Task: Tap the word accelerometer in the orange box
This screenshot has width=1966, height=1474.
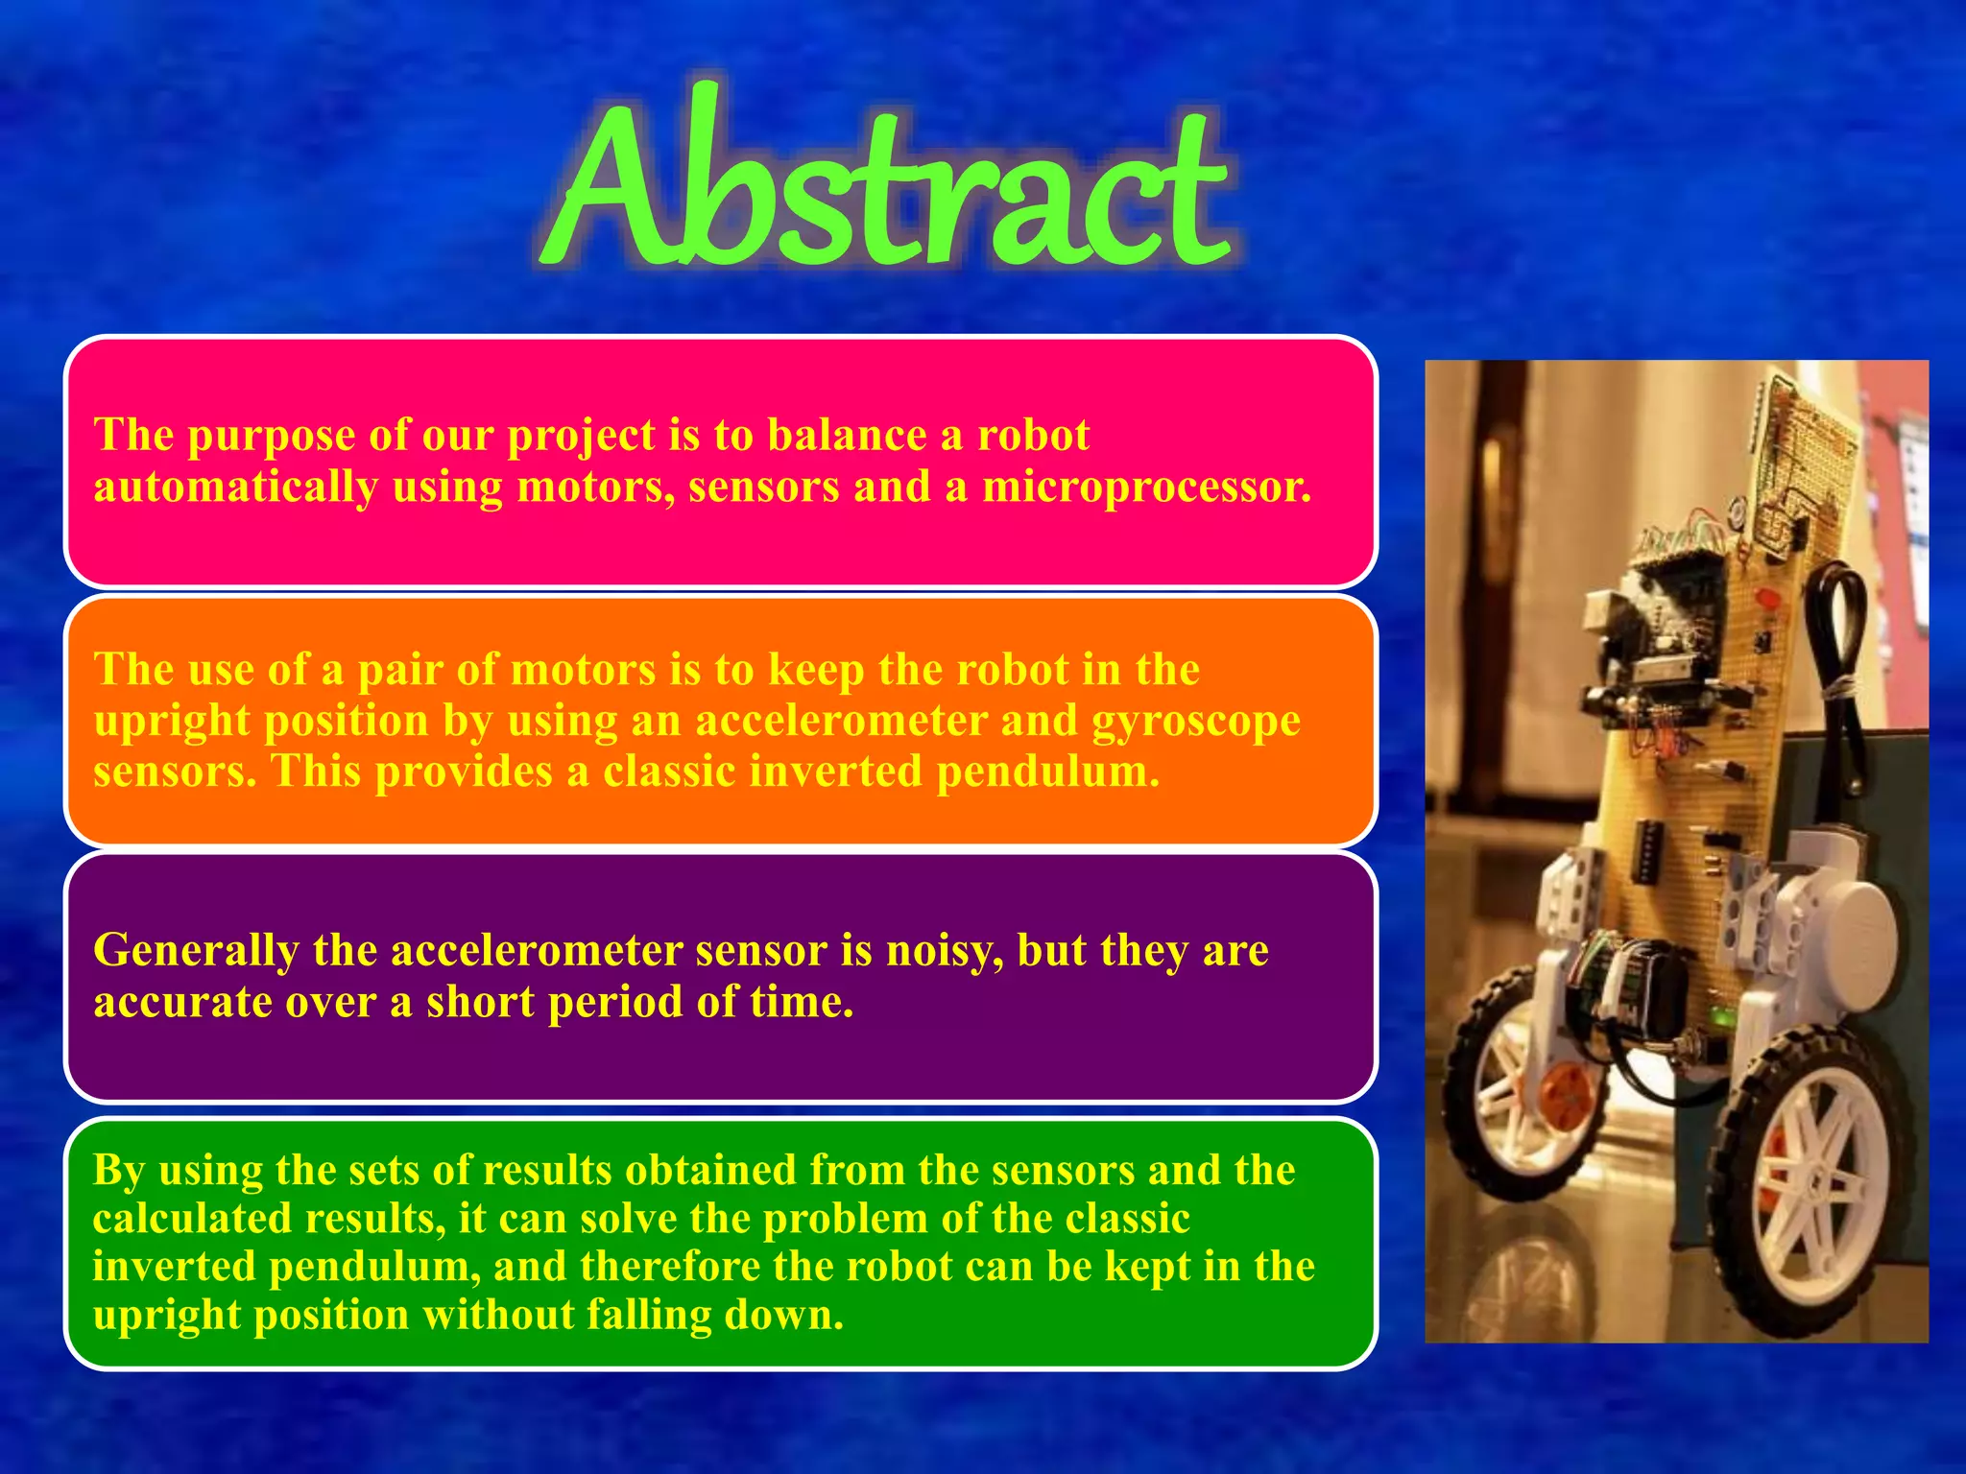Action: coord(841,721)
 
